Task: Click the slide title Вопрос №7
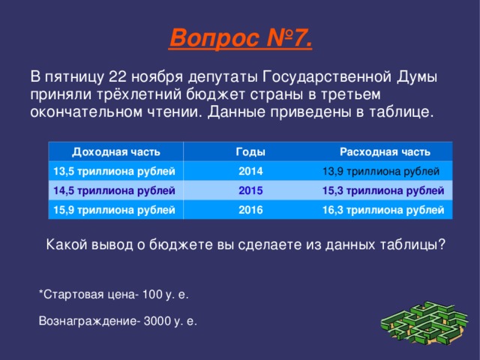pyautogui.click(x=240, y=36)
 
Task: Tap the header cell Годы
pyautogui.click(x=250, y=152)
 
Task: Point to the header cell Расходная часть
pyautogui.click(x=385, y=152)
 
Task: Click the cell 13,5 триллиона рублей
pyautogui.click(x=113, y=172)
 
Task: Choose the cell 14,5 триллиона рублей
pyautogui.click(x=113, y=190)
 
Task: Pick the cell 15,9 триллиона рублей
pyautogui.click(x=113, y=210)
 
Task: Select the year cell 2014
pyautogui.click(x=250, y=172)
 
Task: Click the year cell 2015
pyautogui.click(x=250, y=190)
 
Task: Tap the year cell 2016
pyautogui.click(x=250, y=210)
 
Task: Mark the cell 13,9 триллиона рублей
pyautogui.click(x=380, y=172)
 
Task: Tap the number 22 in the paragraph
pyautogui.click(x=118, y=76)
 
